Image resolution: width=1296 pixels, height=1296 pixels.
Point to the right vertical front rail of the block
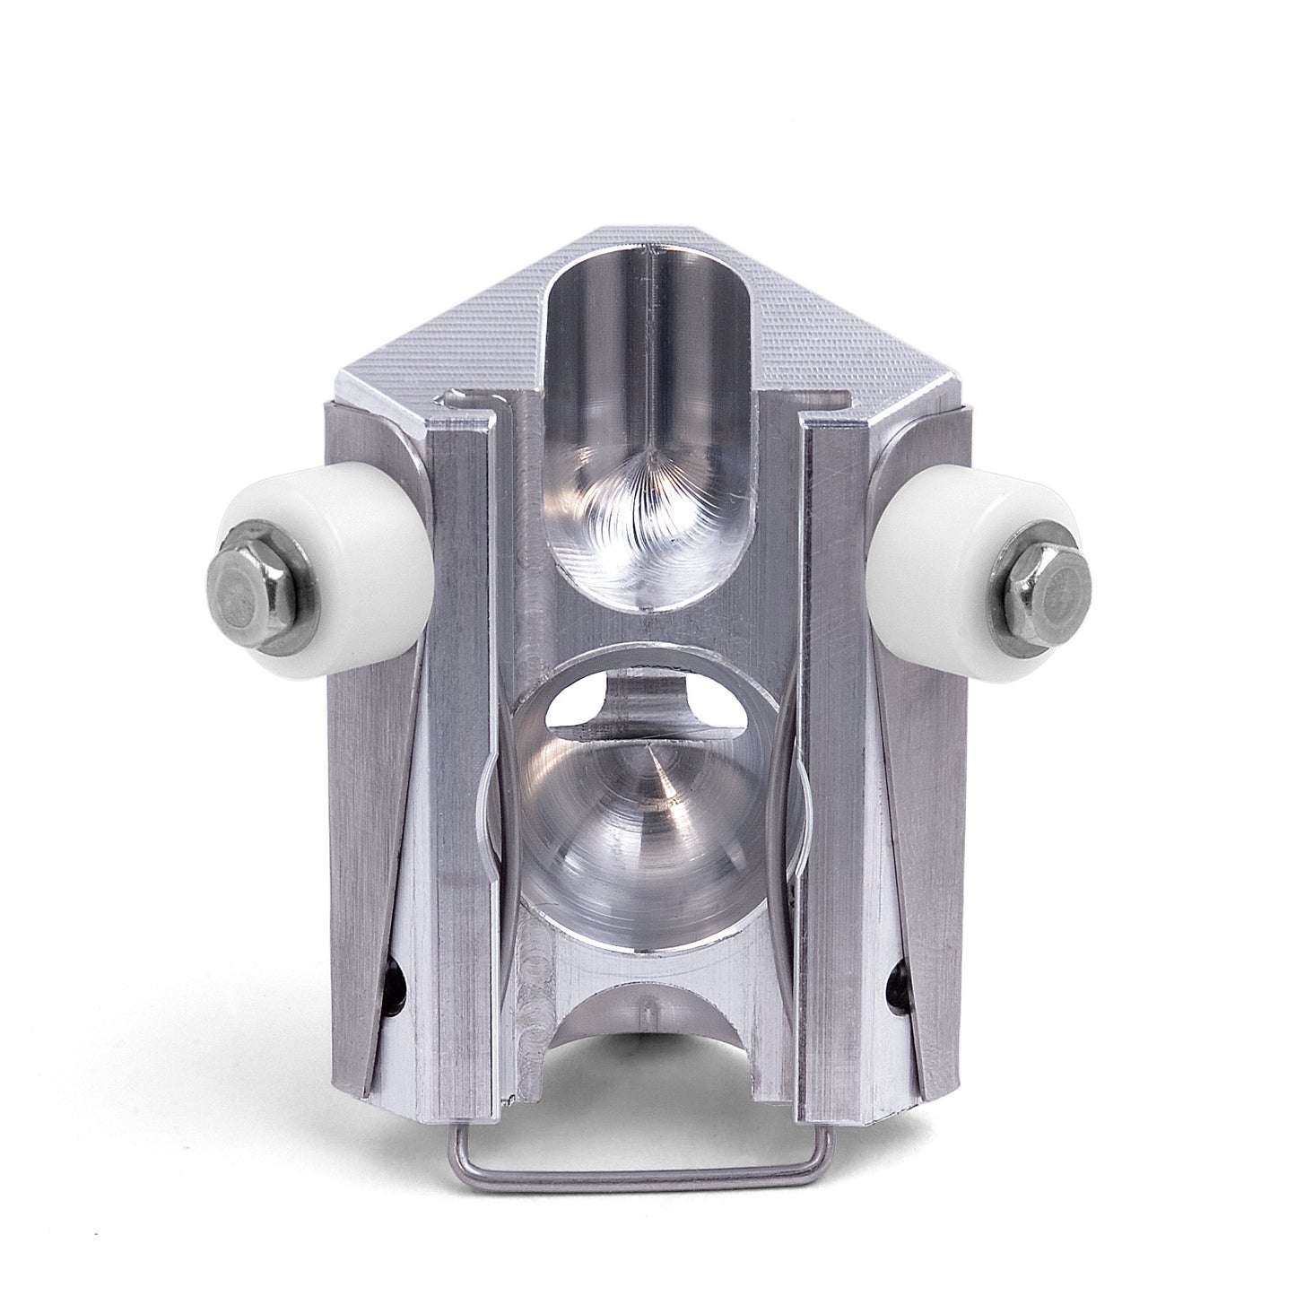click(830, 762)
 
